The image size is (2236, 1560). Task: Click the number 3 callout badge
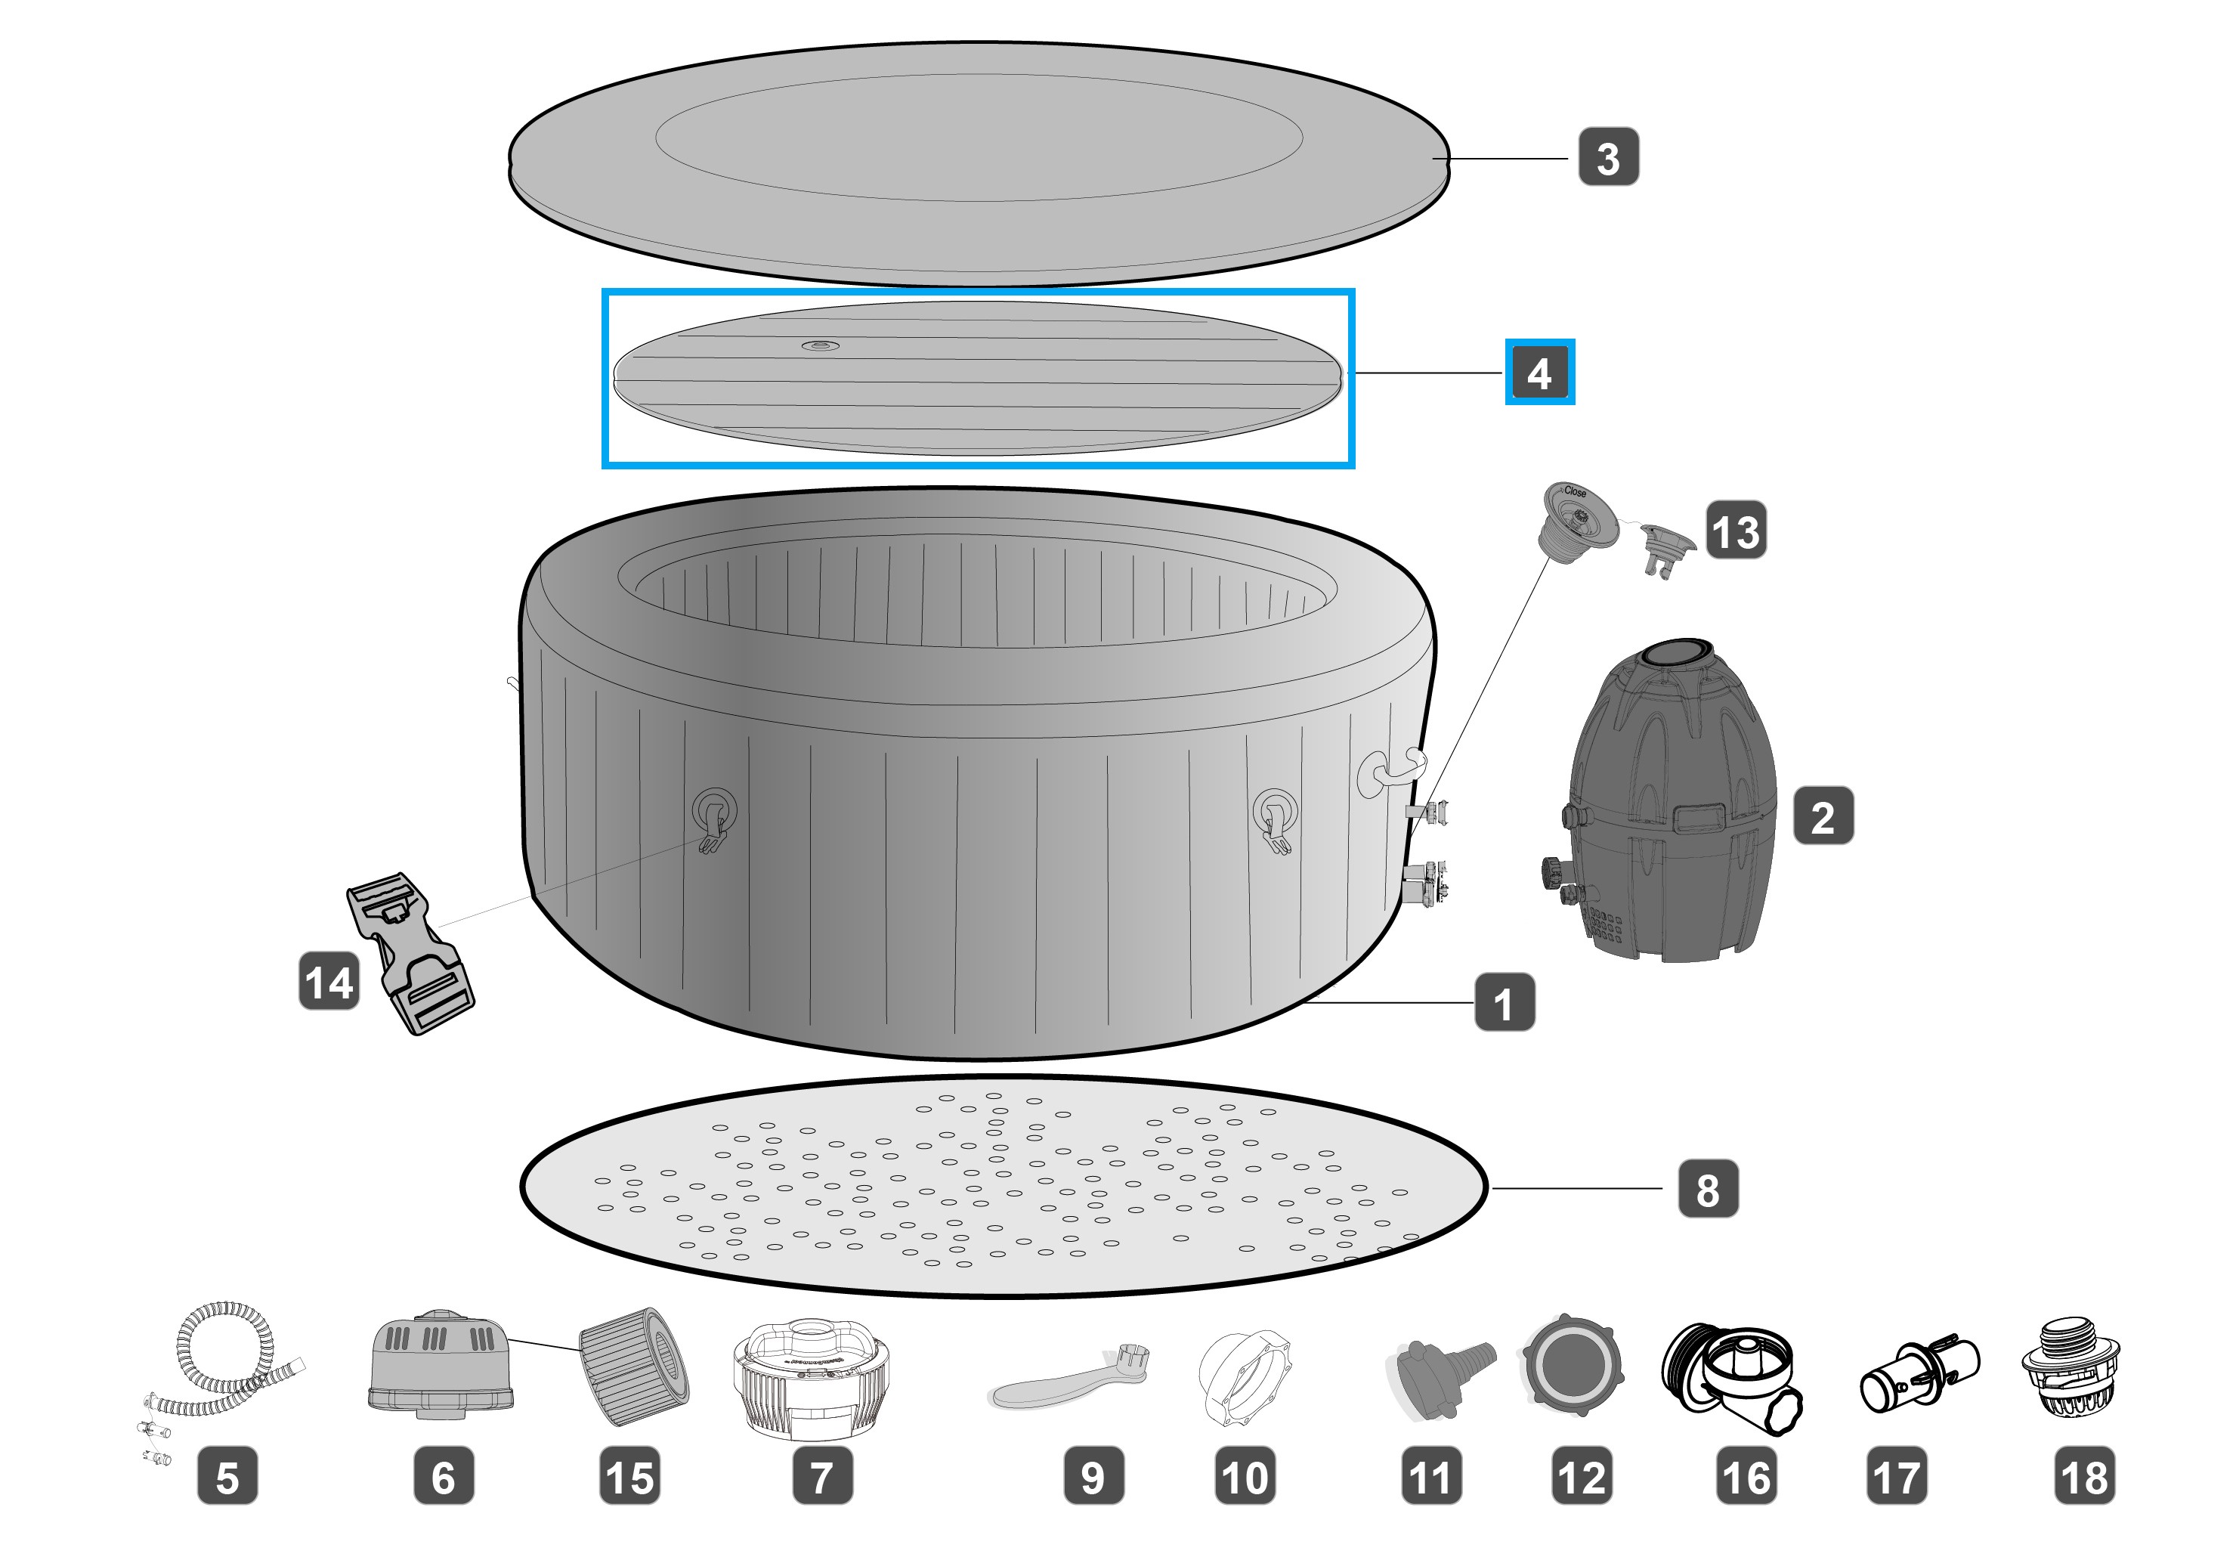(1608, 158)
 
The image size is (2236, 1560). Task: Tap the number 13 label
(1737, 531)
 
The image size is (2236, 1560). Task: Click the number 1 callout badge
(1504, 1003)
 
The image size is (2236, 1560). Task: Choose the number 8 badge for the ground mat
(1707, 1189)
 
